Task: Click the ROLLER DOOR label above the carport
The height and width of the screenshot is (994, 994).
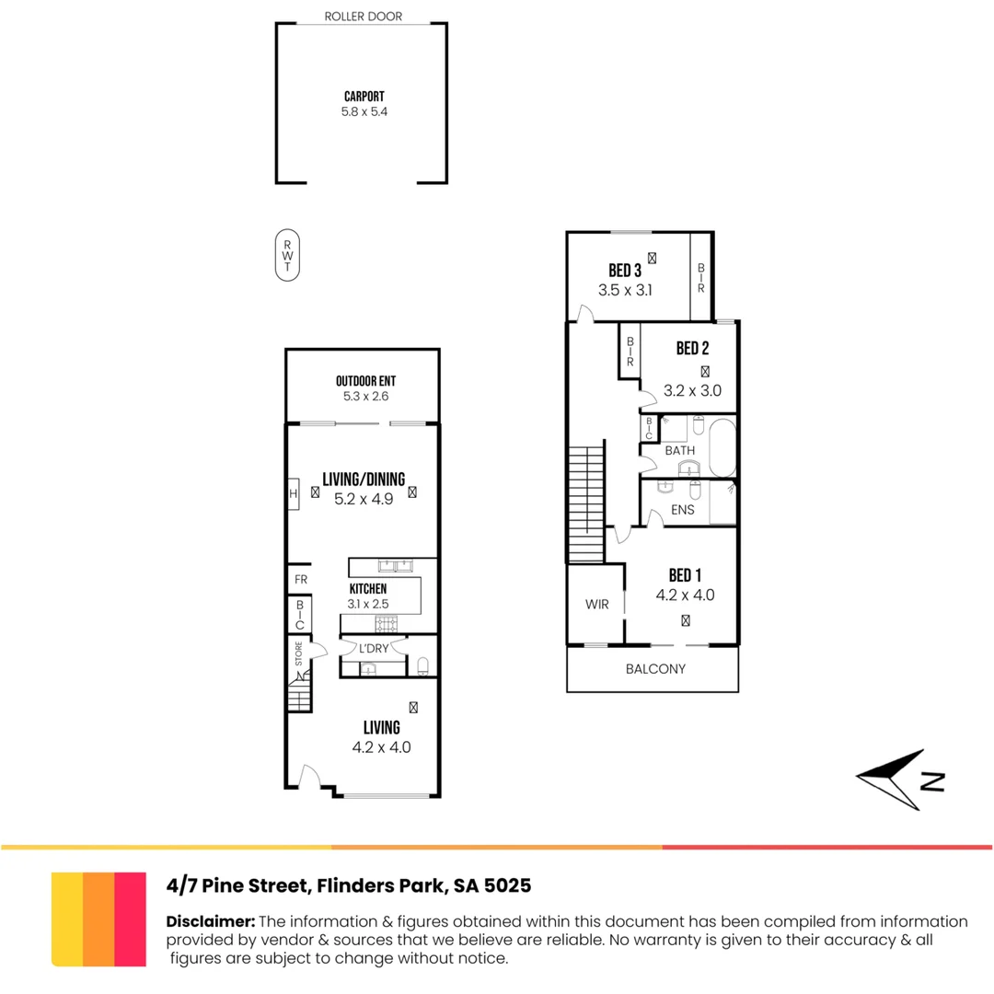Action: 363,17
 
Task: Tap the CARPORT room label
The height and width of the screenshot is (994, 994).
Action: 364,96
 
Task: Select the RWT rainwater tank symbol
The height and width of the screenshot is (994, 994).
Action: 287,254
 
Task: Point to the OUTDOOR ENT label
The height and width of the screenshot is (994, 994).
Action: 365,382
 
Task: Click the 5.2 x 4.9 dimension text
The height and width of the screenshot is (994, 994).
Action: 364,499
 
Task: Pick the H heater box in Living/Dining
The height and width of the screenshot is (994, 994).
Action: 294,493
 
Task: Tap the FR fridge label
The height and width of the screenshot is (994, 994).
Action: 300,580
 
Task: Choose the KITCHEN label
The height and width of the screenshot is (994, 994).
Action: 367,589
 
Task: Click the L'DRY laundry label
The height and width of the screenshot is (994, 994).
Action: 373,648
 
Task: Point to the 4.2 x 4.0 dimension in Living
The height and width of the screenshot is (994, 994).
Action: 381,747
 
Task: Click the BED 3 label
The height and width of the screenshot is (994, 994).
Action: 625,271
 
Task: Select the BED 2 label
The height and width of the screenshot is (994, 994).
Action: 692,349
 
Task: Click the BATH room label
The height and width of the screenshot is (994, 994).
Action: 680,451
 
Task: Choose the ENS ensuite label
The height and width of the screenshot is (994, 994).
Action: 683,510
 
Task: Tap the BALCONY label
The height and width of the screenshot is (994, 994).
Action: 655,669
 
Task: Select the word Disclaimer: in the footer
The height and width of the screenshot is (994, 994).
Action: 210,921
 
